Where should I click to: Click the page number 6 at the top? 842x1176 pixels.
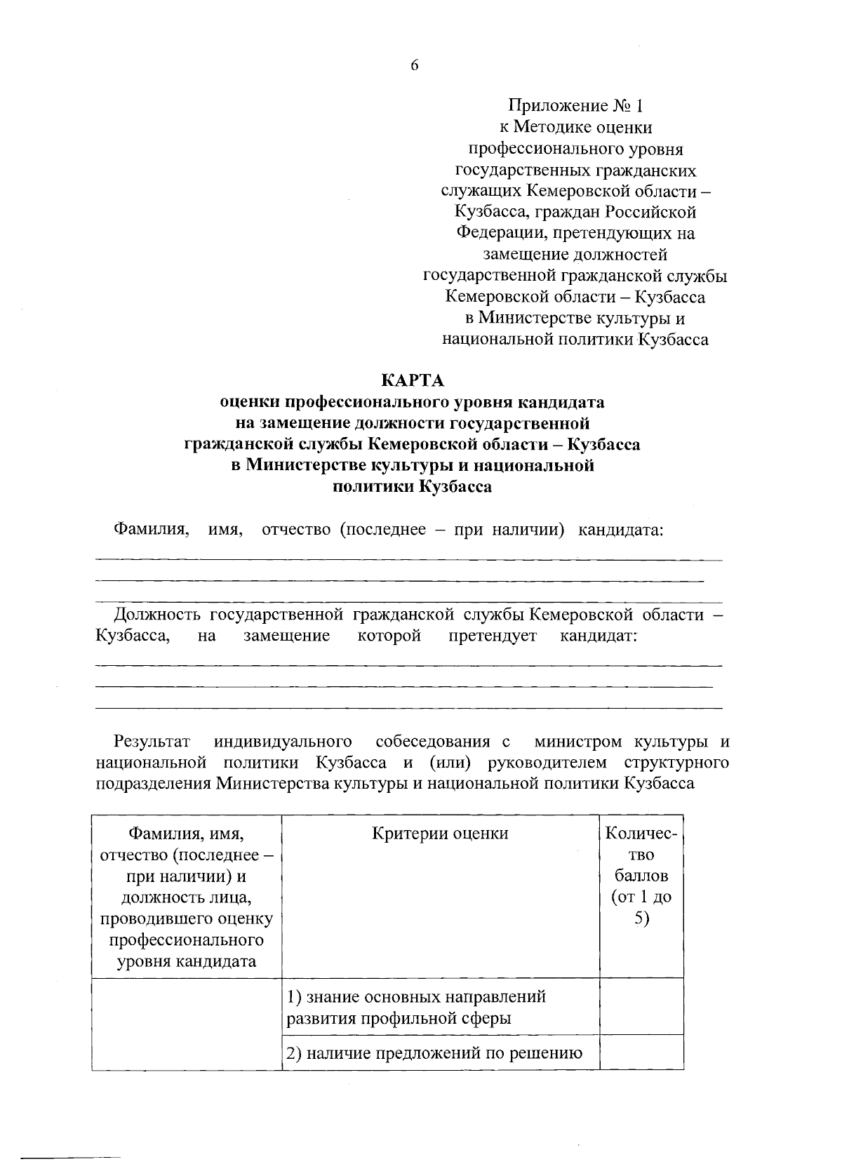pyautogui.click(x=414, y=65)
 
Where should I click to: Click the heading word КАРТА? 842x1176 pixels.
pyautogui.click(x=413, y=380)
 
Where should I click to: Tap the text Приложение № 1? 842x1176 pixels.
pyautogui.click(x=575, y=106)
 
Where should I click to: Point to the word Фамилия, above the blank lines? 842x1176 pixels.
pyautogui.click(x=152, y=529)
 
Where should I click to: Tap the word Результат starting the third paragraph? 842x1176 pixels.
pyautogui.click(x=152, y=741)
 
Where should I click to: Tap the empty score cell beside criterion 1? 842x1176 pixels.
pyautogui.click(x=641, y=1006)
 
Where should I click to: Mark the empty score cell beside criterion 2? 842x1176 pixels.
pyautogui.click(x=641, y=1052)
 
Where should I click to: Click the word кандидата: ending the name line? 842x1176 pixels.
pyautogui.click(x=620, y=529)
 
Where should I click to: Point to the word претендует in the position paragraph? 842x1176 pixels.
pyautogui.click(x=493, y=636)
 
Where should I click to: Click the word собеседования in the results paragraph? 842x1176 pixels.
pyautogui.click(x=432, y=741)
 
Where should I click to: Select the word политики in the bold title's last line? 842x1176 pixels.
pyautogui.click(x=371, y=486)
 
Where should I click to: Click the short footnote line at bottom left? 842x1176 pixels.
pyautogui.click(x=70, y=1156)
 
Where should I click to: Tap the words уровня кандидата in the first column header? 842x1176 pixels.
pyautogui.click(x=186, y=961)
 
